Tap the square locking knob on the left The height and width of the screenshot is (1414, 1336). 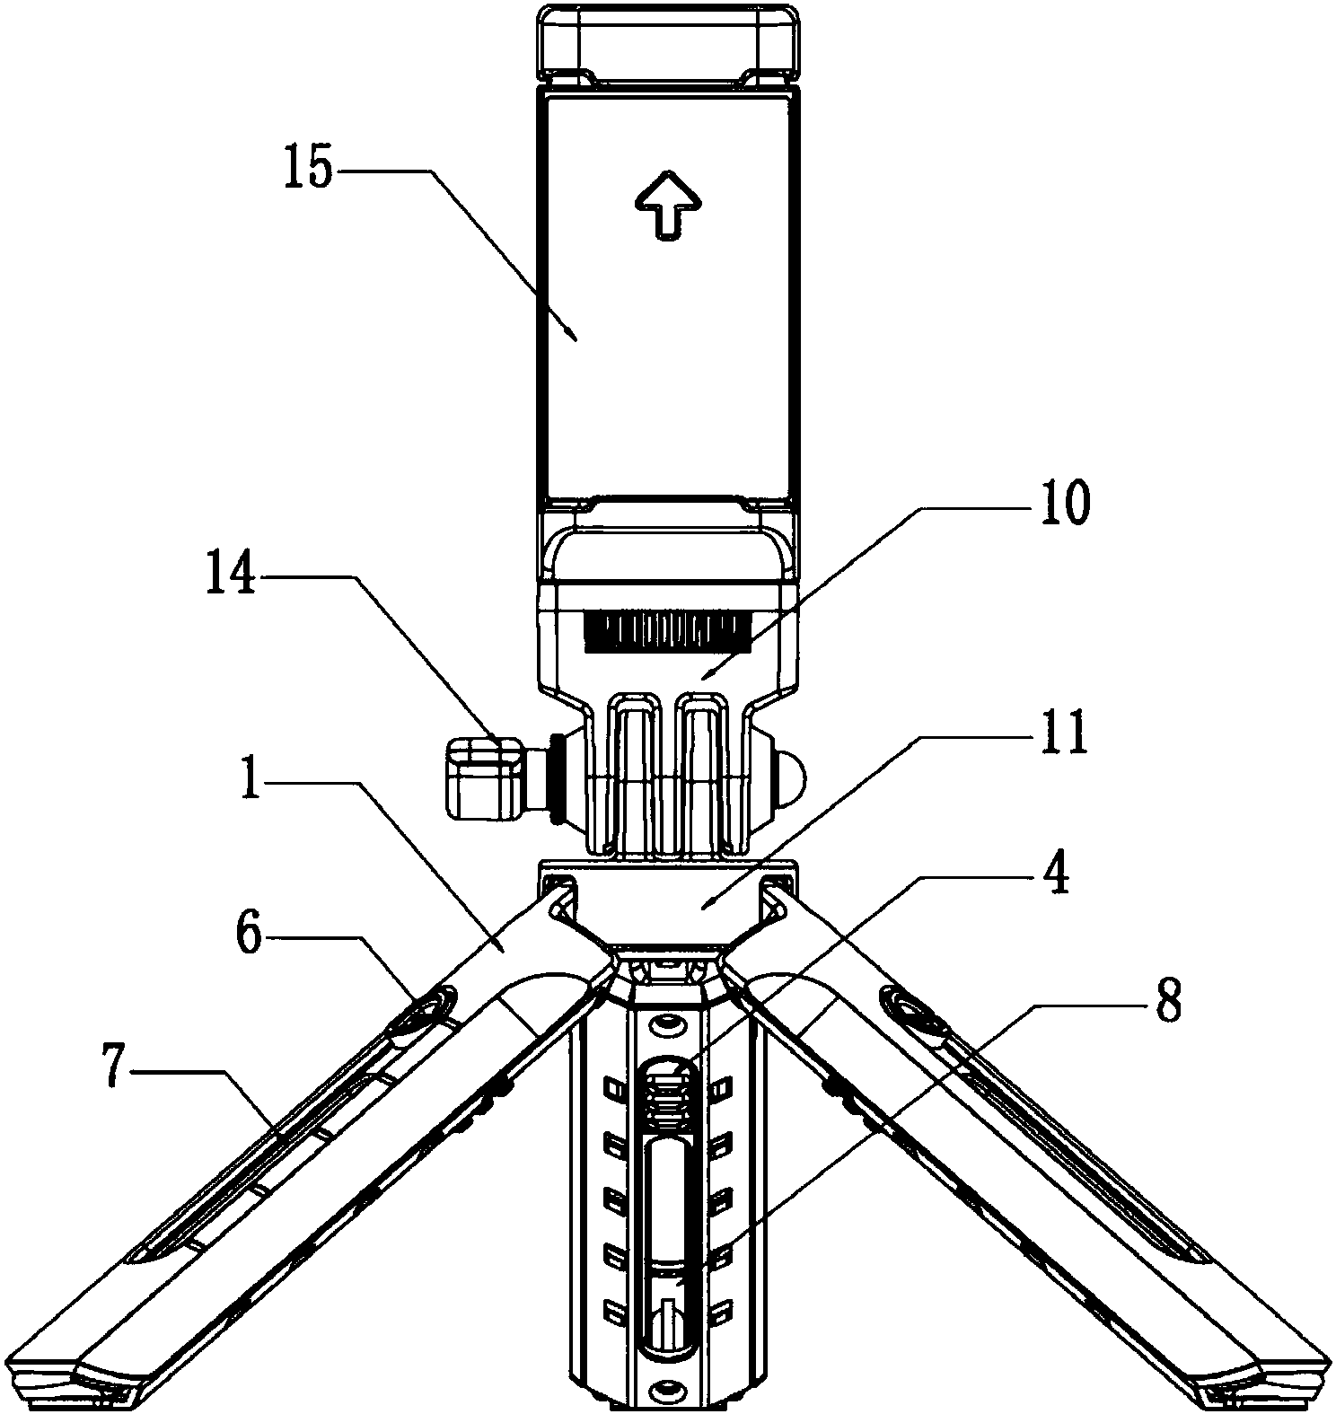(486, 777)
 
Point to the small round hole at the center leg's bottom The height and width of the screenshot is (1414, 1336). (665, 1391)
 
